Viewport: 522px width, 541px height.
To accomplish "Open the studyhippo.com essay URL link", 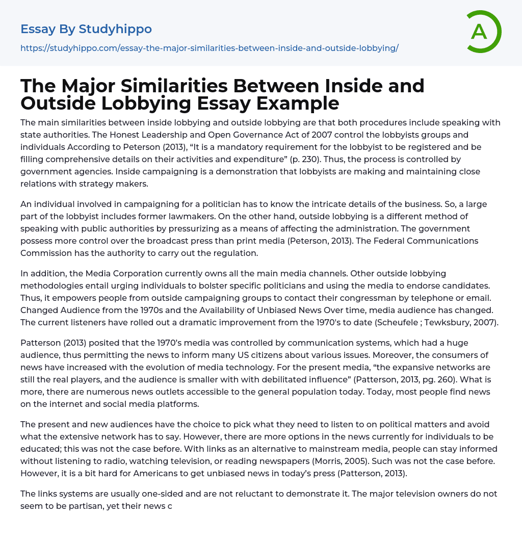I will click(209, 48).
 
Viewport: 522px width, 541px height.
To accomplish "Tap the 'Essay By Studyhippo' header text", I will click(86, 29).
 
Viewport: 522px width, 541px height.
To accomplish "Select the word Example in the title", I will click(298, 103).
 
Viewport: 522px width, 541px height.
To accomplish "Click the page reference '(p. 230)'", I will click(340, 159).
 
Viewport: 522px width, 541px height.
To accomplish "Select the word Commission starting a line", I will click(46, 253).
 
